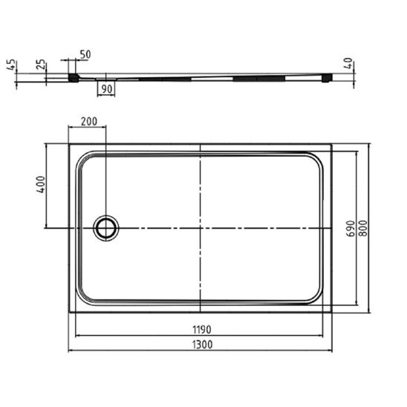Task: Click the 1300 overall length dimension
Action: [203, 345]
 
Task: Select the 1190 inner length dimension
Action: [202, 330]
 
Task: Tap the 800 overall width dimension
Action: [364, 228]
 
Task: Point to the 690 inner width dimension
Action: [351, 229]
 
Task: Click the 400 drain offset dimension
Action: [41, 184]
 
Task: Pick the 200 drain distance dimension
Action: [89, 122]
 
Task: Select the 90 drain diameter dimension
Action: [107, 89]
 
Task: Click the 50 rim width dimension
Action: [85, 55]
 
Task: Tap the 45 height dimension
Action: [11, 65]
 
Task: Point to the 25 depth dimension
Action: [41, 65]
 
